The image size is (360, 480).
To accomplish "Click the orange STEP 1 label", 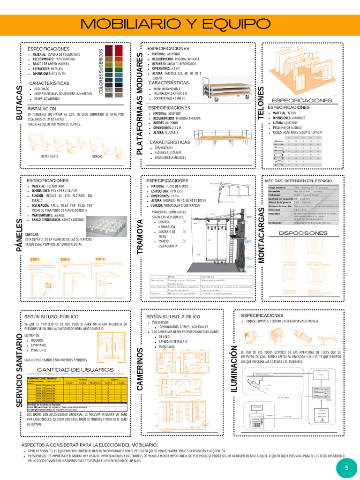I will tap(35, 259).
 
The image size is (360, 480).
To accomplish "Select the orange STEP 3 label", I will tap(100, 259).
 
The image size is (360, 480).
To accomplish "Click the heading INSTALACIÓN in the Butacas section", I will tap(45, 108).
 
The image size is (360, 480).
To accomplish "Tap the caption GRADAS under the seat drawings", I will tap(97, 156).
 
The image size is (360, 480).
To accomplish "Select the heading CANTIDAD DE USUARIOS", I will tap(75, 369).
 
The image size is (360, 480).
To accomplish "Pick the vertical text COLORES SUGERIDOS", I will tap(101, 70).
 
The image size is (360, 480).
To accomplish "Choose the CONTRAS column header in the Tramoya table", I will tap(208, 277).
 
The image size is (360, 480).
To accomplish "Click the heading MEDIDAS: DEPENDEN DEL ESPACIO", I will tap(298, 180).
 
